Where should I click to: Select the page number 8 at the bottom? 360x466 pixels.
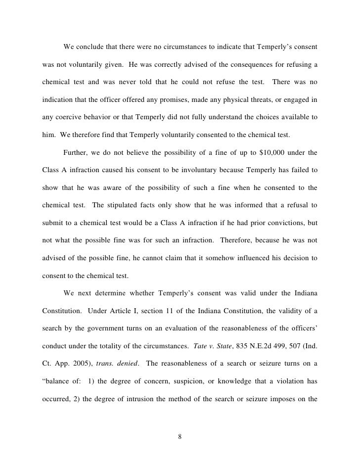180,436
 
